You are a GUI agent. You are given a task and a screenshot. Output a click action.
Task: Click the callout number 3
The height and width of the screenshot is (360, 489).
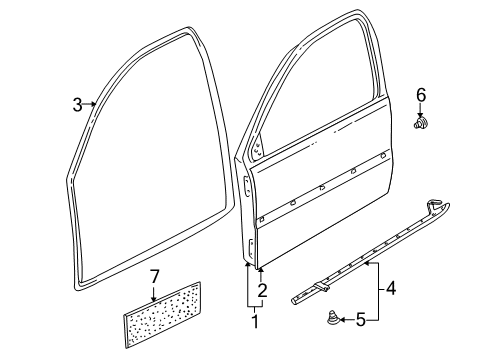pos(77,105)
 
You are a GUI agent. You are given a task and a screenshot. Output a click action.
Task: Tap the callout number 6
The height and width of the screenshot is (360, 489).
pos(421,95)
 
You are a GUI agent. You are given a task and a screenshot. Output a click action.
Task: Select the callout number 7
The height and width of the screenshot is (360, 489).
pos(154,277)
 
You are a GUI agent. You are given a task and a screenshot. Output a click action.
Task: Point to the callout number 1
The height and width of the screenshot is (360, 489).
pos(255,321)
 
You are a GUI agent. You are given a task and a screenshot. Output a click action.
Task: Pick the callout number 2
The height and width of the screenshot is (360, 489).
pos(263,290)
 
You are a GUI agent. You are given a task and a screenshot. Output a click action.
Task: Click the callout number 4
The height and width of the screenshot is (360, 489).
pos(391,288)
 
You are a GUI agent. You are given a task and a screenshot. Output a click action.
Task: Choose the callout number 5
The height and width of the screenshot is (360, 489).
pos(360,320)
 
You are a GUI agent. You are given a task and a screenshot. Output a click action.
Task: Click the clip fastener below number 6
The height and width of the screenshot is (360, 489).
pos(420,122)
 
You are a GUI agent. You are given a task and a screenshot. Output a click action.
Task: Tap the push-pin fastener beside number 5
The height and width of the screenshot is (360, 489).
pos(332,317)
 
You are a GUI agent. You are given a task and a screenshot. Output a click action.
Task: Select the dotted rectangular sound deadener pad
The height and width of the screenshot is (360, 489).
pos(162,315)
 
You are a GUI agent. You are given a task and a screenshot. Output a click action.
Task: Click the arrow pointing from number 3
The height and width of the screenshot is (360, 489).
pos(89,104)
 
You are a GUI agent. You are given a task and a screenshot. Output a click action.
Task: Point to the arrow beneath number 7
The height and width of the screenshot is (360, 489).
pos(154,293)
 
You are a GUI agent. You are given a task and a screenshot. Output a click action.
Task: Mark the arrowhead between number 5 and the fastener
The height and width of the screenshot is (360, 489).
pos(343,320)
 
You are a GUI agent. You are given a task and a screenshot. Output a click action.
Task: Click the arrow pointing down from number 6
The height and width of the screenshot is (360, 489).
pos(420,110)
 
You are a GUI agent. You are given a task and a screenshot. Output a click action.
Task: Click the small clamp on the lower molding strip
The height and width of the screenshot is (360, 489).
pos(320,286)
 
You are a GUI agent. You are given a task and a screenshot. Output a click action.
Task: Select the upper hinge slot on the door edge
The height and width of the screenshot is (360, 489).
pos(246,186)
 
